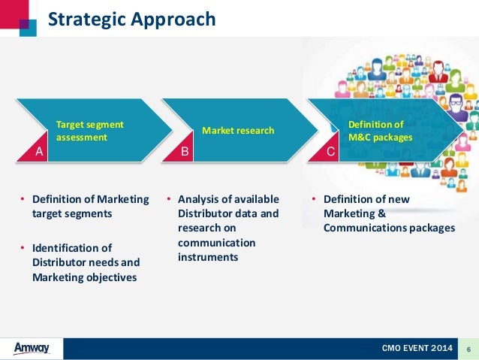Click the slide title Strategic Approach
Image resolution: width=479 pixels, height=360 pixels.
click(131, 19)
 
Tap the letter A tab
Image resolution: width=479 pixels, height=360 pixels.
click(39, 152)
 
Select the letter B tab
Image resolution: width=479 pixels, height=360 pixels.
click(185, 152)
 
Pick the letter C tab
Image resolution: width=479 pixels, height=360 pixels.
click(330, 152)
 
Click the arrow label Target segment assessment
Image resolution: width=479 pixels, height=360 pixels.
click(90, 131)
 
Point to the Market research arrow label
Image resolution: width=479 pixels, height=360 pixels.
click(238, 131)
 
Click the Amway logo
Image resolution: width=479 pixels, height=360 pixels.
click(32, 348)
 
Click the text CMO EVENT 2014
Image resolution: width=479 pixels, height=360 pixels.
click(417, 349)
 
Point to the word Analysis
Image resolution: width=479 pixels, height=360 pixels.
click(199, 199)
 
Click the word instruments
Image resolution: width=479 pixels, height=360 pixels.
click(208, 257)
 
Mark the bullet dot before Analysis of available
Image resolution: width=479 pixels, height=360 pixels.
click(169, 200)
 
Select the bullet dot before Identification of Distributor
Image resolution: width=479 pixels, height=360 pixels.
click(23, 249)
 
